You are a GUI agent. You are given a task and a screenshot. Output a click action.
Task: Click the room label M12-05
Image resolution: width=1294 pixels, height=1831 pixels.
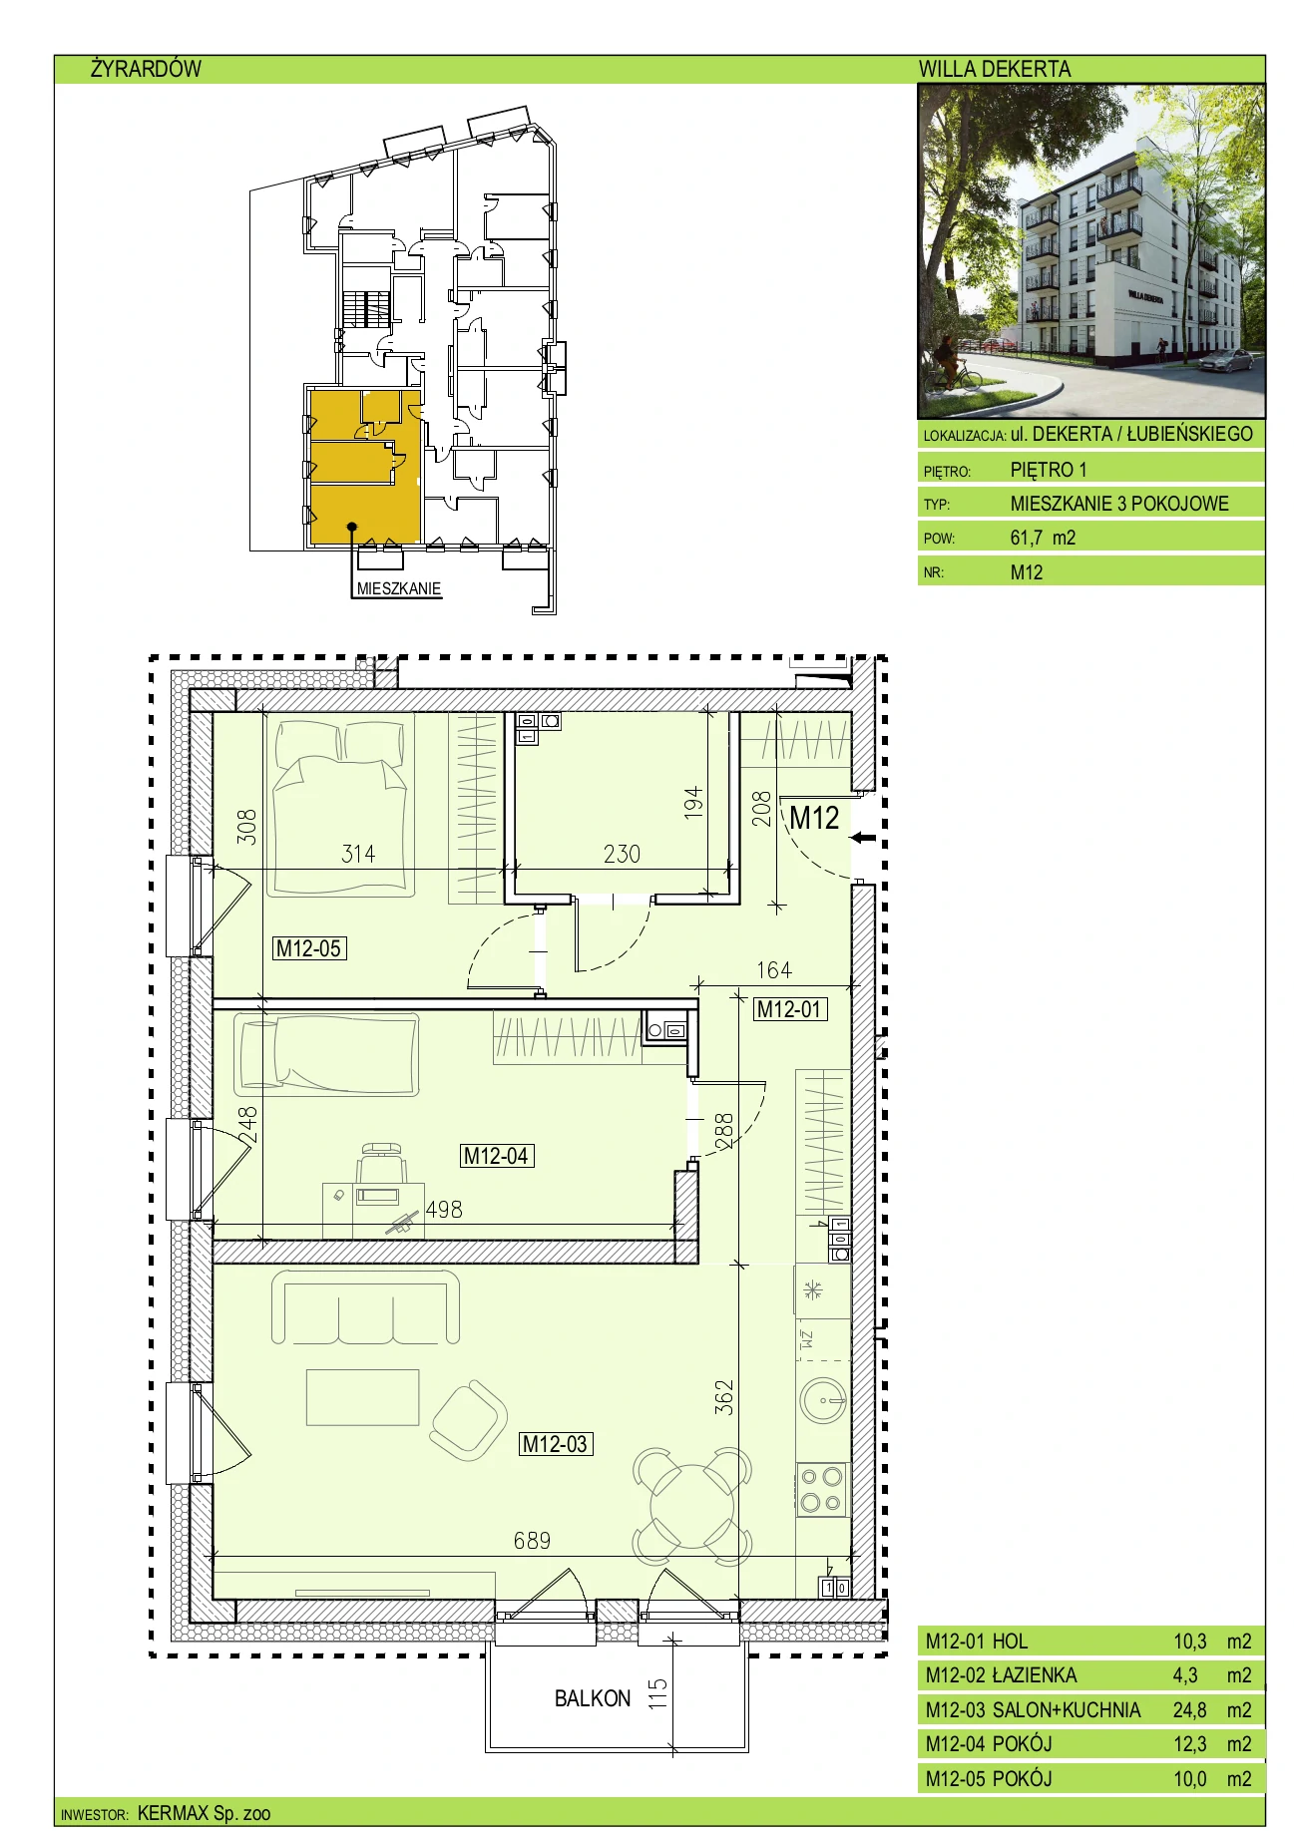309,948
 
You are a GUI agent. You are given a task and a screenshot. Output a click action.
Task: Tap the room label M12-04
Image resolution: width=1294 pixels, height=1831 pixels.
497,1156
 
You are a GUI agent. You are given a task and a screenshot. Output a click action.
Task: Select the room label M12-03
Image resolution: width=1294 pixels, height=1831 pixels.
556,1443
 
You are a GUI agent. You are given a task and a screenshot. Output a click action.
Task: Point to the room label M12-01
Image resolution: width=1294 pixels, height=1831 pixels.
789,1008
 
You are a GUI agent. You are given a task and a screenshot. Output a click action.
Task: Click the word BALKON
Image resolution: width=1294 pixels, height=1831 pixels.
593,1698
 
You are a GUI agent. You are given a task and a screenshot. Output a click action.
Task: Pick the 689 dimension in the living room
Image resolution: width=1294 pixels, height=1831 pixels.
532,1541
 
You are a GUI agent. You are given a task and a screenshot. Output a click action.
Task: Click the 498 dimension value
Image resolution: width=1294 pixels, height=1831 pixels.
444,1210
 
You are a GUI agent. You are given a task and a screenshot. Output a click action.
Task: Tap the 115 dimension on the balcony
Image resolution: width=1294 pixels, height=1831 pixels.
657,1693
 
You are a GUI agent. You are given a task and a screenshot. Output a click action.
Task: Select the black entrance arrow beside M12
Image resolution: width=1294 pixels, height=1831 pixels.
863,838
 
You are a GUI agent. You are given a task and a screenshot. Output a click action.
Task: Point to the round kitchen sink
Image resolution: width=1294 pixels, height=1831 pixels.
824,1400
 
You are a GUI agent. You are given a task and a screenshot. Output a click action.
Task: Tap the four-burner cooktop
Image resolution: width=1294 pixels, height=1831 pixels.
823,1490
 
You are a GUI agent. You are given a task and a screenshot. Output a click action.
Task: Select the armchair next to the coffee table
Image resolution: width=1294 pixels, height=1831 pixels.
468,1420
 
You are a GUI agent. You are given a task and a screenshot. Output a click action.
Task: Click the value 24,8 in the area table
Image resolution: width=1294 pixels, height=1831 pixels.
1189,1709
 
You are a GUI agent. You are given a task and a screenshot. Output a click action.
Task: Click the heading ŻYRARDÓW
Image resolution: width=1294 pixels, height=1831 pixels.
146,69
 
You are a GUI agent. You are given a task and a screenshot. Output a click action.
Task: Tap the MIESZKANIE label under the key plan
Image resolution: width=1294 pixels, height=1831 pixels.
399,588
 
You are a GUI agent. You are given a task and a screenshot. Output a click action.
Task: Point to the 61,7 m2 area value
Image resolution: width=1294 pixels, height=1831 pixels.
1043,538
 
